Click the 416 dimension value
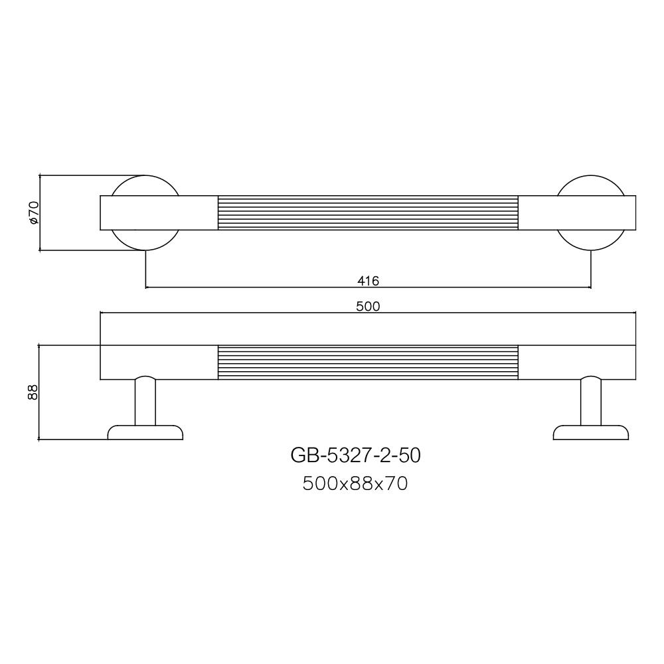pos(368,281)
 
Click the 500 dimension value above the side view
pos(368,306)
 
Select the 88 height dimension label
pos(33,392)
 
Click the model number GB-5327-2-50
pos(355,456)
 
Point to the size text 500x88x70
pos(355,484)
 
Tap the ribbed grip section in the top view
pos(368,212)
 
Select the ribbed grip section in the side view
pos(368,363)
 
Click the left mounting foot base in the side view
pos(145,433)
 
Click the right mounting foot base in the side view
pos(591,433)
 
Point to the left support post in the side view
pos(145,402)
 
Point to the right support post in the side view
pos(591,402)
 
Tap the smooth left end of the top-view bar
pos(159,212)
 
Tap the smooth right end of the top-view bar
pos(576,212)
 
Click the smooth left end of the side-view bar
pos(159,363)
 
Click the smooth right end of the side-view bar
pos(576,363)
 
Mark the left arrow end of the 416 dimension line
pos(147,288)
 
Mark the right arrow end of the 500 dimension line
pos(634,312)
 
